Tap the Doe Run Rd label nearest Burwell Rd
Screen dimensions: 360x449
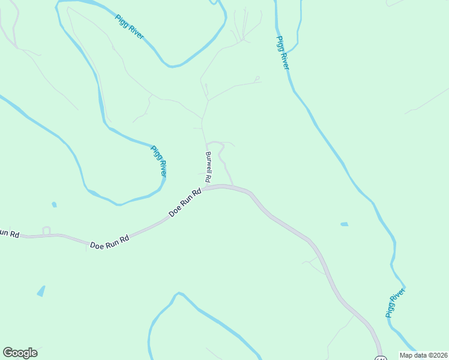(184, 203)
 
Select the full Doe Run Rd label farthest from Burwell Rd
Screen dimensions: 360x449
(110, 242)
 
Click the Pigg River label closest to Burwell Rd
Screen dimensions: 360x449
(158, 161)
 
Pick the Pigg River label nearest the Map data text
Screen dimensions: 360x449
(396, 302)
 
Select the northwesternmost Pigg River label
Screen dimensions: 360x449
(129, 27)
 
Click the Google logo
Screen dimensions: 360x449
(20, 353)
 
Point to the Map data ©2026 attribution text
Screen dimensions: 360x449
(423, 355)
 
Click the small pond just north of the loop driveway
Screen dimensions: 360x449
(54, 205)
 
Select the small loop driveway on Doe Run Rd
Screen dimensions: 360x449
(46, 231)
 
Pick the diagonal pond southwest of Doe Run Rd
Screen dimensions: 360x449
(41, 291)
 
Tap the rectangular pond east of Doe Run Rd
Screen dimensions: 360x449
(344, 224)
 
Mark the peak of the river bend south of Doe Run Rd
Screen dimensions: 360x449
(177, 294)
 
